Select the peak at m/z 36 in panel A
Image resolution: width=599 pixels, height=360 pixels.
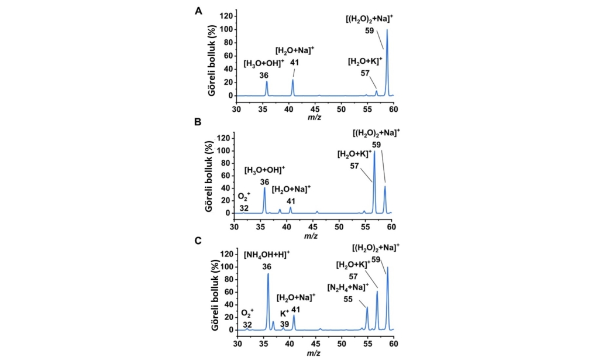(x=267, y=83)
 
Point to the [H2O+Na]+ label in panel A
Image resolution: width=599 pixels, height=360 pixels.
(x=294, y=51)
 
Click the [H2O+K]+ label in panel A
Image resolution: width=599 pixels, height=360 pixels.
(x=364, y=61)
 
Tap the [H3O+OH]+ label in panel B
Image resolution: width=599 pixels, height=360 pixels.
(x=264, y=170)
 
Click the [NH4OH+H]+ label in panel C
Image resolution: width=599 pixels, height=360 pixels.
(x=266, y=255)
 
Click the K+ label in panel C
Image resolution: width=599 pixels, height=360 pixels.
(x=284, y=314)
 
